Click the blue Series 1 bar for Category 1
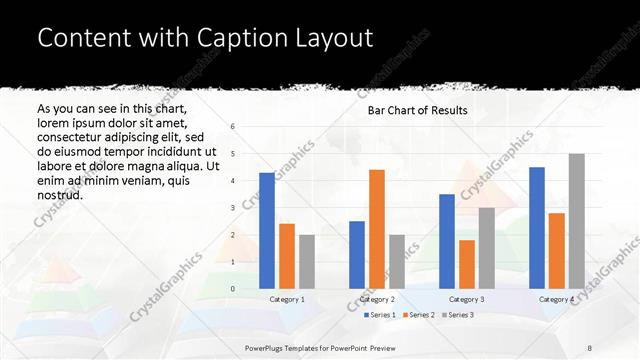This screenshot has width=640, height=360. click(266, 231)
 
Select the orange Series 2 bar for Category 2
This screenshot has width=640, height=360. click(376, 229)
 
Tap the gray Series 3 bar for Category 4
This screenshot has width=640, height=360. click(576, 221)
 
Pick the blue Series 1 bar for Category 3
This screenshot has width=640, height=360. click(446, 241)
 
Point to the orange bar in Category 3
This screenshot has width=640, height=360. click(466, 264)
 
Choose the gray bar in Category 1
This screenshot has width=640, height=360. click(306, 261)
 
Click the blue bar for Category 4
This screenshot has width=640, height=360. click(536, 228)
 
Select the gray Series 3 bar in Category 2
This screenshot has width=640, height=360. click(396, 261)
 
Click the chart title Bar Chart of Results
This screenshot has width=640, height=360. click(418, 110)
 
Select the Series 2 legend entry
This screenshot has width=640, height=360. click(418, 315)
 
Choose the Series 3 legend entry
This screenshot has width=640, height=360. click(457, 315)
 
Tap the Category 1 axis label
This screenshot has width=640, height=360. click(287, 299)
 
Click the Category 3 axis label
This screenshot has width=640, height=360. click(466, 299)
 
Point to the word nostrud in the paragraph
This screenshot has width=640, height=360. click(61, 195)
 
